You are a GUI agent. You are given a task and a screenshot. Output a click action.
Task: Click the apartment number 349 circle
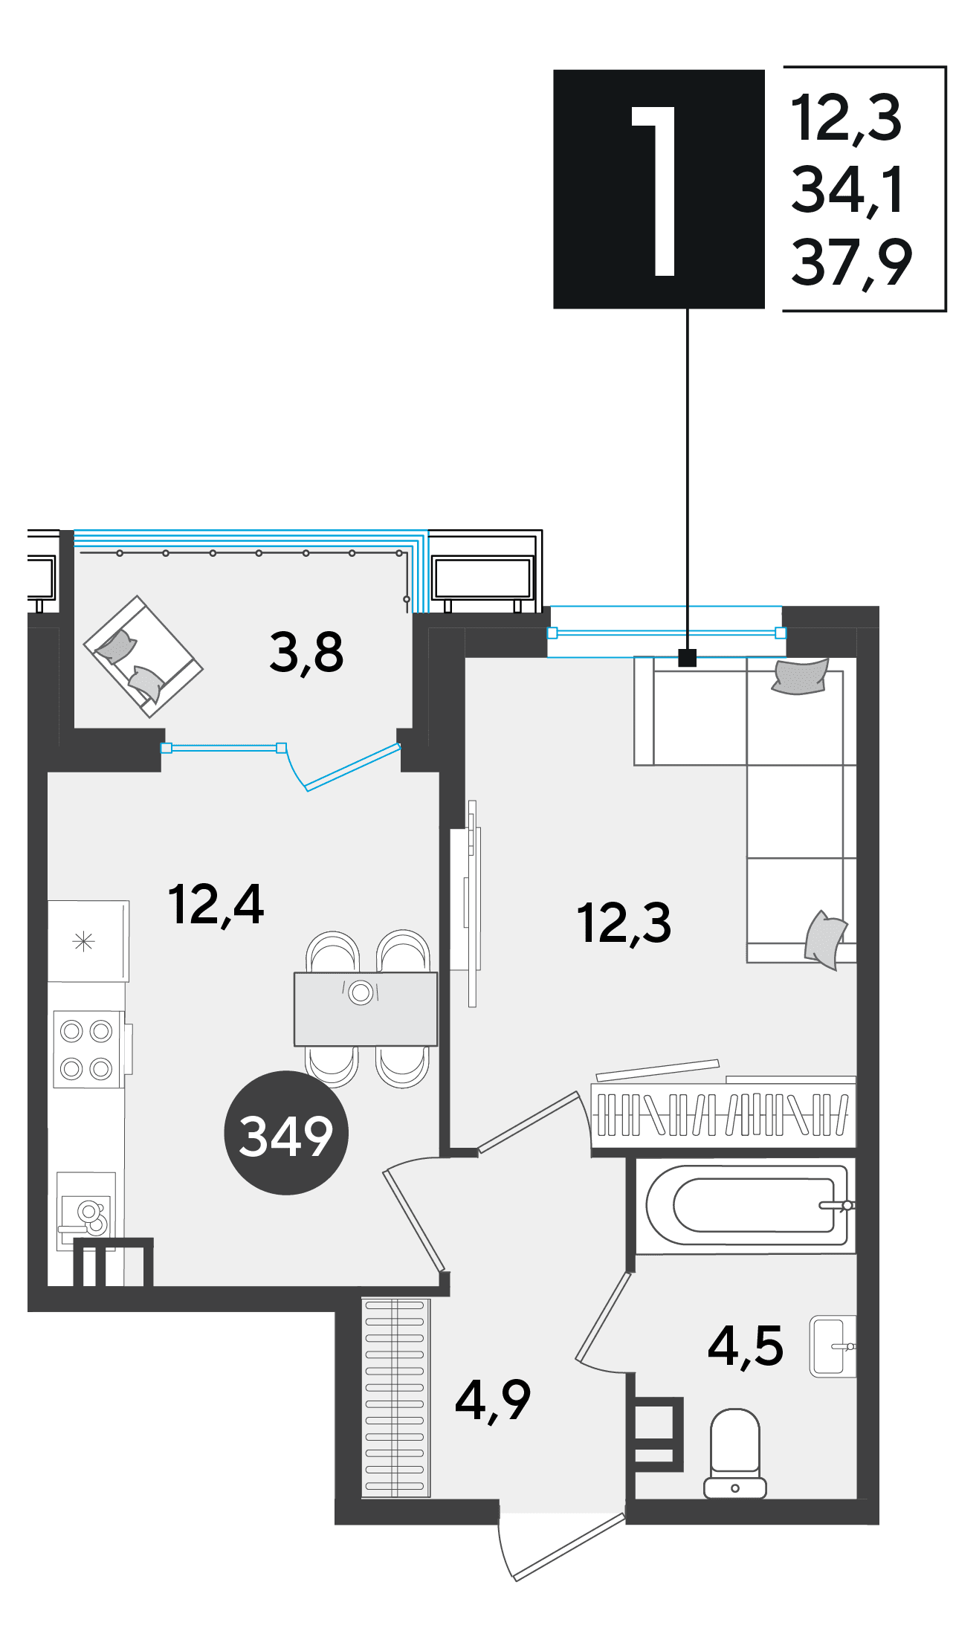(x=286, y=1133)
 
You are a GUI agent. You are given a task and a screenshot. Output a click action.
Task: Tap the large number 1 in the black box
(x=655, y=190)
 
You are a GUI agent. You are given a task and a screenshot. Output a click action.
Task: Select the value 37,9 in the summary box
(x=851, y=263)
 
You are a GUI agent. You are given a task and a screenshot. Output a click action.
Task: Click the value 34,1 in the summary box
(x=847, y=190)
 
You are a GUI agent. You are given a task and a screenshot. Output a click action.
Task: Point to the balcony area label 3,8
(x=306, y=652)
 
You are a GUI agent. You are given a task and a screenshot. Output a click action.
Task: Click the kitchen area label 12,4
(x=216, y=905)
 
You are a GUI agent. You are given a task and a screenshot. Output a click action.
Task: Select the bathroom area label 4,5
(x=746, y=1346)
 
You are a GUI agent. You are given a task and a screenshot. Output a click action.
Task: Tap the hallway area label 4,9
(x=493, y=1401)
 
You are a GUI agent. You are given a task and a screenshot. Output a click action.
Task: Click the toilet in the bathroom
(x=735, y=1453)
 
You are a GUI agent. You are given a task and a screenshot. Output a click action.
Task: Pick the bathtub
(x=746, y=1206)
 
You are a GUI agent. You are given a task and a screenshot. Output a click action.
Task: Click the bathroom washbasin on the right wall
(x=833, y=1346)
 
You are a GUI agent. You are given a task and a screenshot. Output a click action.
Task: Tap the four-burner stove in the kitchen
(x=87, y=1050)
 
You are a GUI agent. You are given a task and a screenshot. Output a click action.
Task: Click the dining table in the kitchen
(x=366, y=1009)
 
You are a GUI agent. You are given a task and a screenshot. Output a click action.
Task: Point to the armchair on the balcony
(x=143, y=656)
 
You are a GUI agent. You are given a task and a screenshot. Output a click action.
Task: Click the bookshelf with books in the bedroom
(x=723, y=1114)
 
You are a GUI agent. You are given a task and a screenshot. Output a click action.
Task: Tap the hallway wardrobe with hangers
(x=396, y=1398)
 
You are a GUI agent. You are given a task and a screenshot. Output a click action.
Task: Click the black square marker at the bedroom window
(x=688, y=657)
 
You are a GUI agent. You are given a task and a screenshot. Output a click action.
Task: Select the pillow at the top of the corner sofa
(x=800, y=676)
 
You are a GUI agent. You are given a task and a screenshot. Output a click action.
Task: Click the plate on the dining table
(x=361, y=992)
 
